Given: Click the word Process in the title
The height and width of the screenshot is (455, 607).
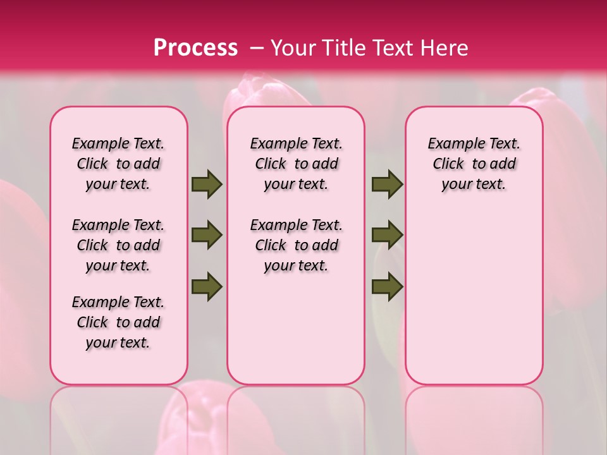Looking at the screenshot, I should [195, 48].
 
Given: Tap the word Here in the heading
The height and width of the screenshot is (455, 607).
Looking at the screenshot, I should [445, 48].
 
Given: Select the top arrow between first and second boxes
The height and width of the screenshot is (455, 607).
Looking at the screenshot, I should [207, 184].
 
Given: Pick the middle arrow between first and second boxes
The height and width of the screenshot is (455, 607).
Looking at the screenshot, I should [207, 235].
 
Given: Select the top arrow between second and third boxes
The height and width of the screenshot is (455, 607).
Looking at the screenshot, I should [387, 184].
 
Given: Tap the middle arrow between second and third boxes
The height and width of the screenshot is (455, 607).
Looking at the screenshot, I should [387, 235].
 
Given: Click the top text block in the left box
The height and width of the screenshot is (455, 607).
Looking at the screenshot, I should [118, 164].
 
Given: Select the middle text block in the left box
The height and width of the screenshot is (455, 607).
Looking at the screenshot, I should [118, 245].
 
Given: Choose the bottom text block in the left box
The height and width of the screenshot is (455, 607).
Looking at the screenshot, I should [118, 322].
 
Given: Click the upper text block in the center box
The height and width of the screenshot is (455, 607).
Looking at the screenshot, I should [296, 164].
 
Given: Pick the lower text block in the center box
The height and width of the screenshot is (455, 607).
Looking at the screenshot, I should [296, 245].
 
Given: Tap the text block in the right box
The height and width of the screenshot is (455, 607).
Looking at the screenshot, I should [474, 164].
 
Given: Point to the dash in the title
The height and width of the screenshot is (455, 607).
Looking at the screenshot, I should [257, 48].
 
